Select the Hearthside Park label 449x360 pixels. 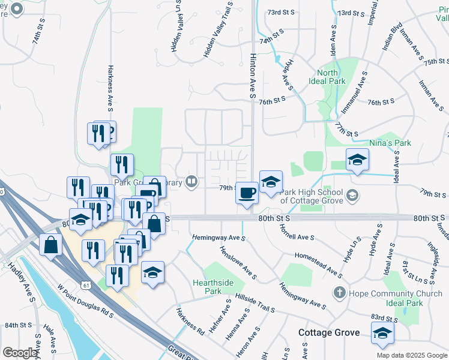(208, 287)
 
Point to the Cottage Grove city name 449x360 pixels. (330, 332)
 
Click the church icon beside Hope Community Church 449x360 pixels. (339, 293)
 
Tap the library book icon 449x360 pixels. (191, 181)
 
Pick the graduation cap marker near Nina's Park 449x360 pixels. (357, 160)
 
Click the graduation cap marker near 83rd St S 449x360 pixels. (382, 334)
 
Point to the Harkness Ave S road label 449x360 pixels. (110, 88)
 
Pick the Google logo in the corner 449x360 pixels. (20, 353)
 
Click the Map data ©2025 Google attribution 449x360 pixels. (411, 355)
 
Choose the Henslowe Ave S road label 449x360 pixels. (238, 263)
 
